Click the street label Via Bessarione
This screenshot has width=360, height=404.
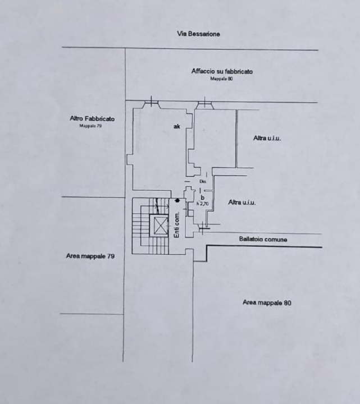[199, 34]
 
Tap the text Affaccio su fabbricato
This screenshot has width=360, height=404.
[222, 71]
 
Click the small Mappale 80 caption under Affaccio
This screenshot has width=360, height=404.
[221, 79]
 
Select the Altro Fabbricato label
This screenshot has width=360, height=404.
[92, 118]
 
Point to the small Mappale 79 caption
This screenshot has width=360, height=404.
[90, 126]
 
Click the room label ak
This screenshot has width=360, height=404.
[176, 127]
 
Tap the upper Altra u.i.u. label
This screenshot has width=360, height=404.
[267, 138]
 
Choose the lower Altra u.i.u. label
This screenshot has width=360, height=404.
[242, 203]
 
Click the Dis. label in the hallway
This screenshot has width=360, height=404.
[203, 182]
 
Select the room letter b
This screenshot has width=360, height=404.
[202, 198]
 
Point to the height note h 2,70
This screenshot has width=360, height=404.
[202, 204]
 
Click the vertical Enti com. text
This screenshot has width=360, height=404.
[176, 225]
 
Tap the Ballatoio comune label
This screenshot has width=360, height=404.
[263, 240]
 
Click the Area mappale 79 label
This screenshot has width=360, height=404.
[90, 256]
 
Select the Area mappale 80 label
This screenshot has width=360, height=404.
[267, 302]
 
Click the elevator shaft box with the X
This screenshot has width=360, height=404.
[161, 226]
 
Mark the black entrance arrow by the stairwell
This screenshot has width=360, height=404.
[177, 200]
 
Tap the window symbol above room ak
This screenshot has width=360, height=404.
[151, 104]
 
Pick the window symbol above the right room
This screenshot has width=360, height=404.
[205, 104]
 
